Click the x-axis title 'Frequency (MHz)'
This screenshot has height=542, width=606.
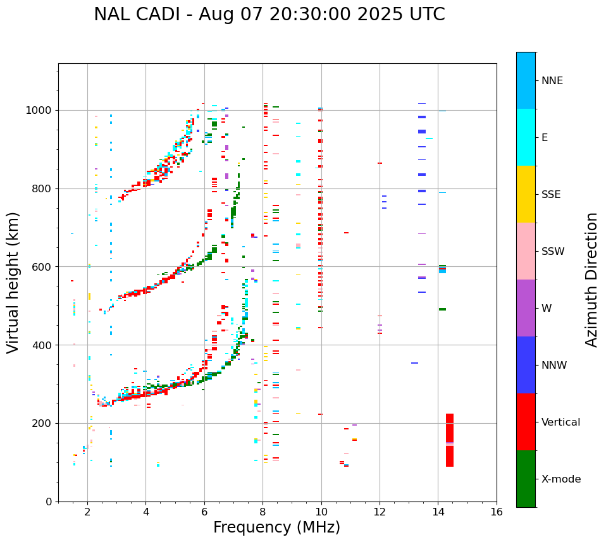[x=276, y=527]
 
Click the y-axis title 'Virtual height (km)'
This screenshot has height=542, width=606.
[x=13, y=283]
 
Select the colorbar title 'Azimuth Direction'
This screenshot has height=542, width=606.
[x=591, y=280]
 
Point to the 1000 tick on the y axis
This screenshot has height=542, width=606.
[x=39, y=110]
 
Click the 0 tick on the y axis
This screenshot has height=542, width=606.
[x=48, y=502]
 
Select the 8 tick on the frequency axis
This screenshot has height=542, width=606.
[x=263, y=512]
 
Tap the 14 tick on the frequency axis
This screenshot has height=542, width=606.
[x=438, y=512]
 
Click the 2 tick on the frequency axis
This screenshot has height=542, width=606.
[x=87, y=512]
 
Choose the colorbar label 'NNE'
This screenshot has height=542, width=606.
[x=552, y=81]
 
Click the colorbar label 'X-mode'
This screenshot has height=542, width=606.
[x=561, y=479]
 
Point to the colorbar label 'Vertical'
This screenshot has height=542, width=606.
[x=560, y=422]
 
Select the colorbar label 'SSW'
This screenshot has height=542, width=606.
[x=553, y=252]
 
